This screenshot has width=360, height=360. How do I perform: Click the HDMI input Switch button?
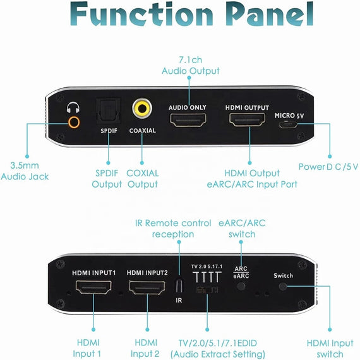pyautogui.click(x=283, y=287)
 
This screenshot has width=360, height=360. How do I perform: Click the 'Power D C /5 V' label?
pyautogui.click(x=328, y=167)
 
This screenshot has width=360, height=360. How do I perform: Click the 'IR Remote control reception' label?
pyautogui.click(x=173, y=229)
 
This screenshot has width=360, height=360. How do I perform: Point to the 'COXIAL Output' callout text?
pyautogui.click(x=142, y=179)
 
